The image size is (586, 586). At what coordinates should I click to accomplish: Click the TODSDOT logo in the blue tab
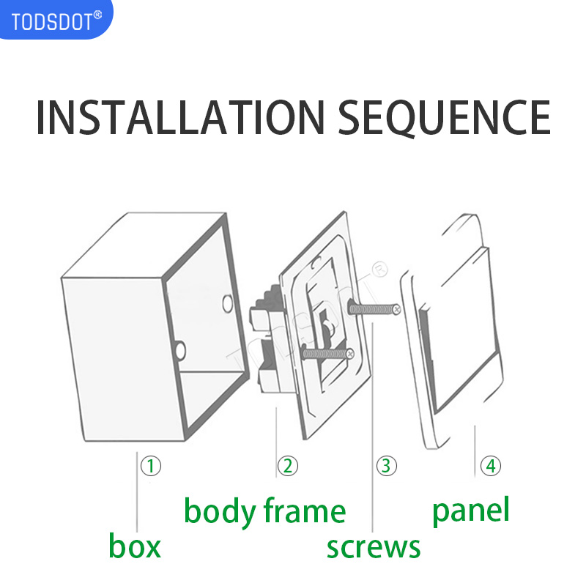[53, 21]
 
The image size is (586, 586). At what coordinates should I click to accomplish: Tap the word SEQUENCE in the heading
[445, 117]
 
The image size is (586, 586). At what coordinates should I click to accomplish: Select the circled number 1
[150, 465]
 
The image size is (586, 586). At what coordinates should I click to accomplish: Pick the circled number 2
[287, 465]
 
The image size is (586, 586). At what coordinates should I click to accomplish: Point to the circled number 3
[387, 465]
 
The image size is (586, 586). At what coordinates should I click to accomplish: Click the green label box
[135, 546]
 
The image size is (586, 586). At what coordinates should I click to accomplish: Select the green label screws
[374, 546]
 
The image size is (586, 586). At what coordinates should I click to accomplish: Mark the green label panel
[470, 510]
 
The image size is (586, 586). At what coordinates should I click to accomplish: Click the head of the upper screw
[396, 311]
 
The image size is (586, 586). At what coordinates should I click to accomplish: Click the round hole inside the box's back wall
[226, 301]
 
